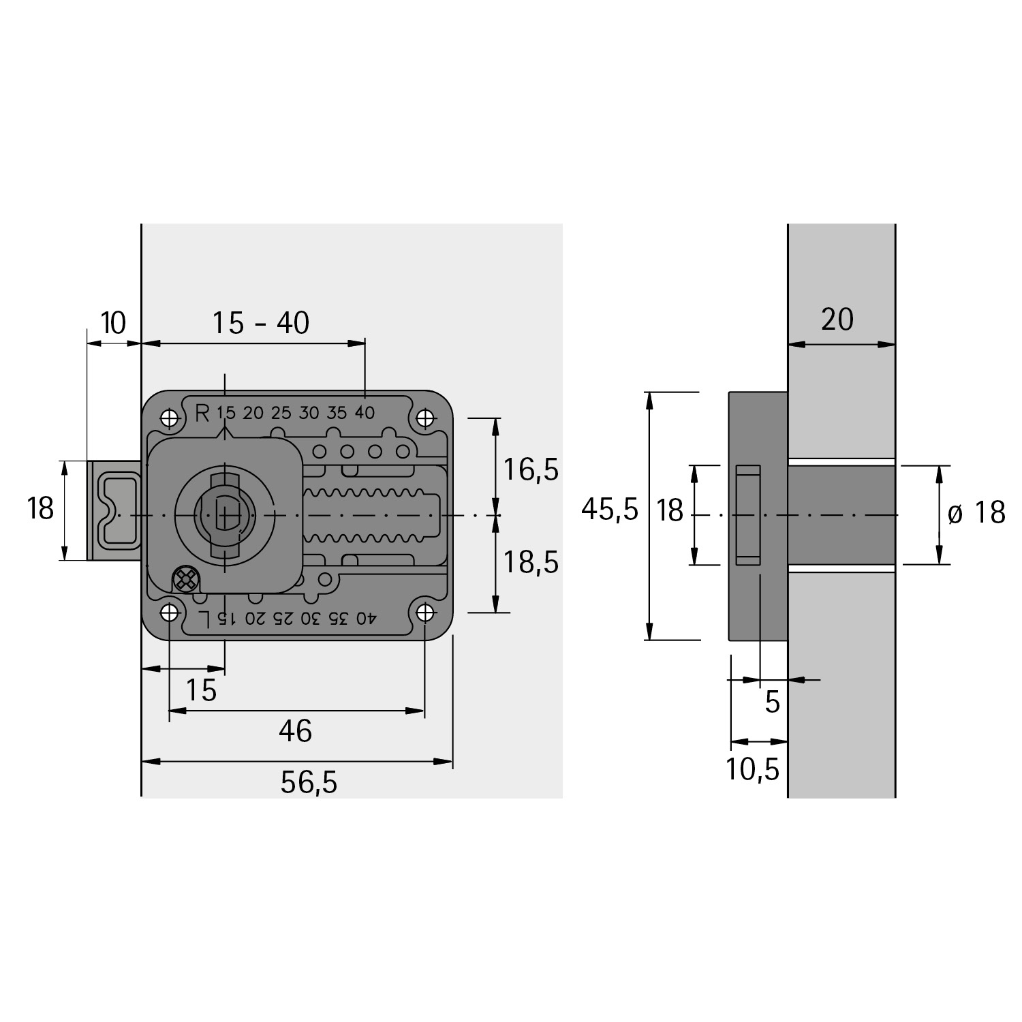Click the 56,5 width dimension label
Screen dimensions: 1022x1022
(x=309, y=783)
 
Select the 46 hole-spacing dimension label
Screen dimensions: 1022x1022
(x=296, y=731)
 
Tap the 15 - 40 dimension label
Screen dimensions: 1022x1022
(x=261, y=323)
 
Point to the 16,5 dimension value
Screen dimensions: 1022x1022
(x=531, y=469)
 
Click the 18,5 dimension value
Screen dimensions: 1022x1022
(x=531, y=562)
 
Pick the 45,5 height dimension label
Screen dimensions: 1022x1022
(x=610, y=509)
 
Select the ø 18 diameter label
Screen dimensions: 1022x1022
(x=976, y=513)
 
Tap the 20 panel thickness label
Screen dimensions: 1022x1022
(x=837, y=320)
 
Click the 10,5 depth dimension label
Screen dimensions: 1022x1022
(x=752, y=769)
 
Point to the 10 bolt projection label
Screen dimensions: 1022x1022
(x=113, y=323)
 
